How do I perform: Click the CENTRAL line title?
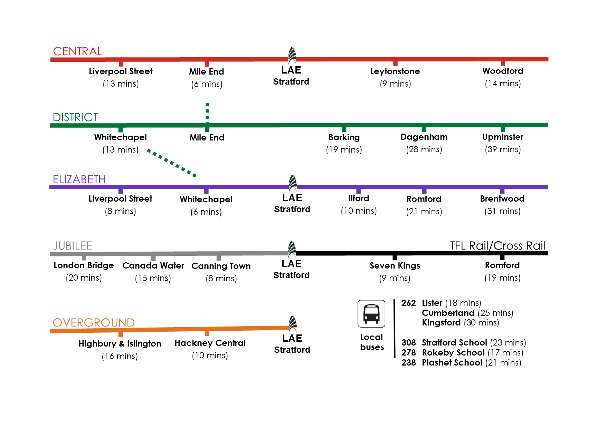pyautogui.click(x=77, y=51)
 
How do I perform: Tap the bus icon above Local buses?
pyautogui.click(x=371, y=313)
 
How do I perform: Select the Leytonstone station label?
pyautogui.click(x=395, y=71)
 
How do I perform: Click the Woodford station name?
pyautogui.click(x=503, y=71)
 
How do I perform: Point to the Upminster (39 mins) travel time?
pyautogui.click(x=503, y=149)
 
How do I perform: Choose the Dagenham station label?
pyautogui.click(x=424, y=137)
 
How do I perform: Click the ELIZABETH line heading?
pyautogui.click(x=79, y=179)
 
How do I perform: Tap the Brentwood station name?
pyautogui.click(x=502, y=199)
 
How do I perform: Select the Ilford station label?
pyautogui.click(x=359, y=198)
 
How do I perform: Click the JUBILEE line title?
pyautogui.click(x=73, y=246)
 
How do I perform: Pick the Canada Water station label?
pyautogui.click(x=153, y=266)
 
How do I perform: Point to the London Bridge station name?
pyautogui.click(x=84, y=265)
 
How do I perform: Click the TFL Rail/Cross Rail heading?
pyautogui.click(x=498, y=246)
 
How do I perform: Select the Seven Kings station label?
pyautogui.click(x=395, y=266)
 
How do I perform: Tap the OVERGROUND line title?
pyautogui.click(x=94, y=323)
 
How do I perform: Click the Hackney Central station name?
pyautogui.click(x=210, y=343)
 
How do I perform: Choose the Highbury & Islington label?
pyautogui.click(x=120, y=344)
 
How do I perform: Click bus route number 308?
pyautogui.click(x=408, y=343)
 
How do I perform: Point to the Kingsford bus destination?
pyautogui.click(x=441, y=323)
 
